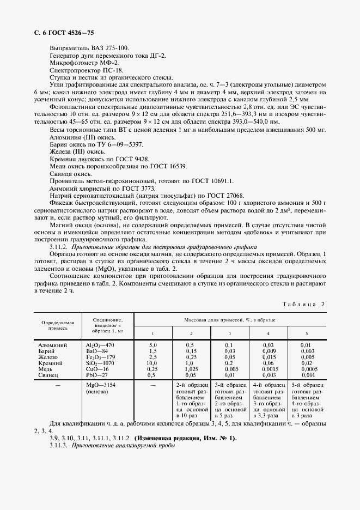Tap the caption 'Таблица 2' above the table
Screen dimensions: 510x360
point(303,304)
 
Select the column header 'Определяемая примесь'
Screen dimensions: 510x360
point(54,325)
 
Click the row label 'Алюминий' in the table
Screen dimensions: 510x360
point(53,345)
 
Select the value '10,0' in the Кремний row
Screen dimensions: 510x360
point(152,363)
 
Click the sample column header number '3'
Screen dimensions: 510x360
point(229,333)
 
